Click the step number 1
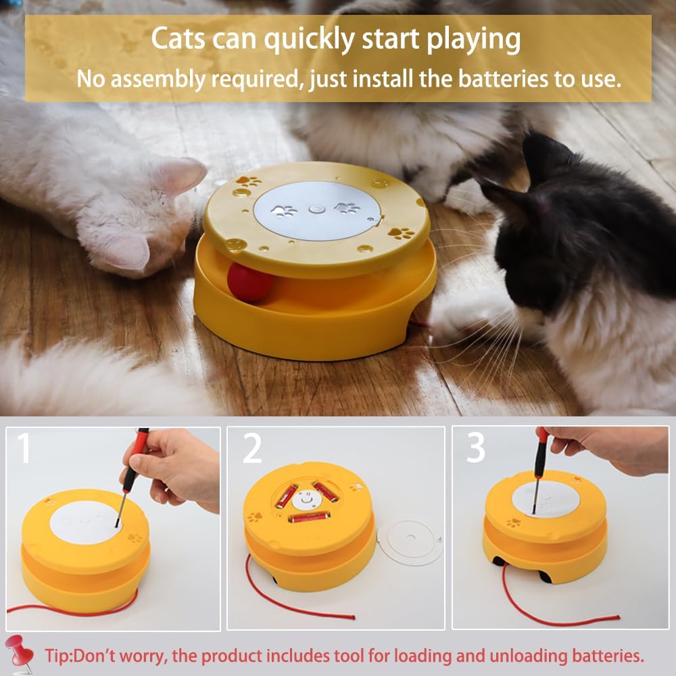point(24,450)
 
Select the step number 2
point(251,450)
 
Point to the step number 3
point(476,448)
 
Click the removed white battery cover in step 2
point(410,540)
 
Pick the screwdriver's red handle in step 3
point(541,452)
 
